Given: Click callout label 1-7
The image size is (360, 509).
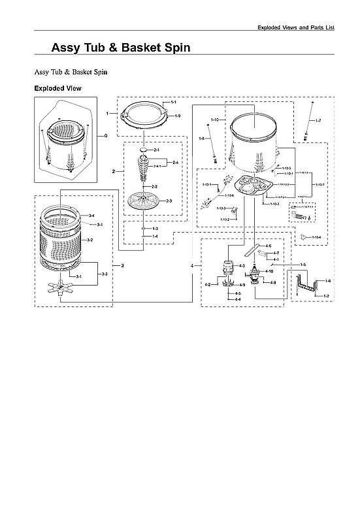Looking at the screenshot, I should click(318, 122).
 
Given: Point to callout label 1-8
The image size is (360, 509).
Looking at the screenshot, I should click(203, 139).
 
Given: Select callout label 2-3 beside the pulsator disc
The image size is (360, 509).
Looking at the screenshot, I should click(169, 201).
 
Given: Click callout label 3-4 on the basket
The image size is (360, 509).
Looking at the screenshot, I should click(91, 216).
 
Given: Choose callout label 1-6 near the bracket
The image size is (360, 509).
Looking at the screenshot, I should click(327, 280).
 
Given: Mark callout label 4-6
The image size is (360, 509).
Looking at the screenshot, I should click(268, 246).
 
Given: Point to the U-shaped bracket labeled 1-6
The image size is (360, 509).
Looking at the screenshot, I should click(308, 284).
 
